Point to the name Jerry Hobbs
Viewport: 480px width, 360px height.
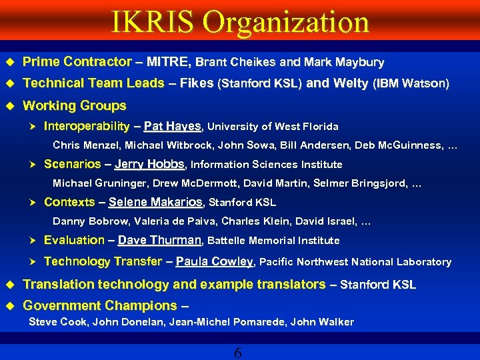tap(151, 164)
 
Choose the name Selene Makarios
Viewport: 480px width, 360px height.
tap(155, 202)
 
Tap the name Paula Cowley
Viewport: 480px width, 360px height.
tap(214, 262)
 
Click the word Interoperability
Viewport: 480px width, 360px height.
tap(86, 126)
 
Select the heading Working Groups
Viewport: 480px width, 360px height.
tap(74, 105)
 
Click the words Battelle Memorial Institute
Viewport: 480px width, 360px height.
tap(274, 241)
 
